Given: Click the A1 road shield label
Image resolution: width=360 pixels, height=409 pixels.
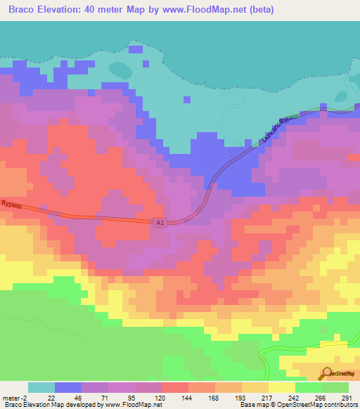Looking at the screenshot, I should pyautogui.click(x=160, y=222).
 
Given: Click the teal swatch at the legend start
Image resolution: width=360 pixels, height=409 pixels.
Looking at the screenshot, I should pyautogui.click(x=41, y=387).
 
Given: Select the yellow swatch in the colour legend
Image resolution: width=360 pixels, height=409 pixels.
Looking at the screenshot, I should pyautogui.click(x=282, y=387).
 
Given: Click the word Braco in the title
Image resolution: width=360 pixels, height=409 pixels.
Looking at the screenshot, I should pyautogui.click(x=23, y=10).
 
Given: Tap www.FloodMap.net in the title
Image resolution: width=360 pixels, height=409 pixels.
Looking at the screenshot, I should pyautogui.click(x=200, y=10).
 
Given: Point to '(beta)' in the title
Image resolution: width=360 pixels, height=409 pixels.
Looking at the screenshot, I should pyautogui.click(x=259, y=10).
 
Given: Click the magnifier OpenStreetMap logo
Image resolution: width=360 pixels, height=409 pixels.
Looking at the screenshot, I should pyautogui.click(x=326, y=373).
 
